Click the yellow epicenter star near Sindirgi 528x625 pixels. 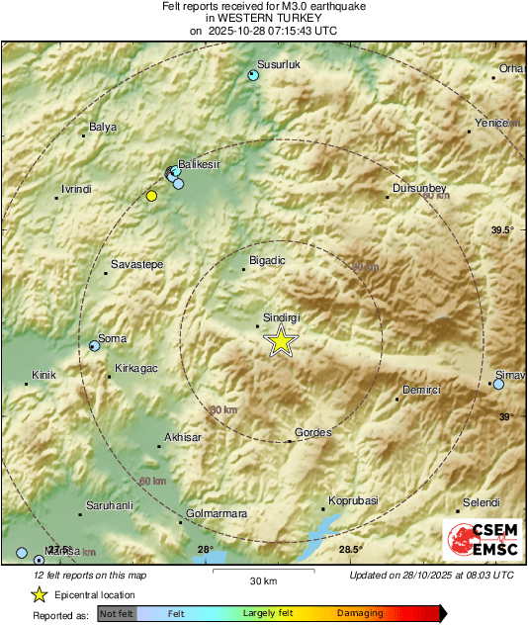coord(282,342)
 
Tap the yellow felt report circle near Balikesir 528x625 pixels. coord(151,196)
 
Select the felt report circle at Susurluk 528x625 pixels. coord(253,75)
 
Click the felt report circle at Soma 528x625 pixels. coord(95,346)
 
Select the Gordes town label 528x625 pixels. coord(313,432)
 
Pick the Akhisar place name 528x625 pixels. coord(182,436)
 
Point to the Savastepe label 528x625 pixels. coord(136,264)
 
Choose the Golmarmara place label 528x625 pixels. coord(217,513)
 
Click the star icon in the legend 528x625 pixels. coord(39,594)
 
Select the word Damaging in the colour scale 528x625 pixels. coord(360,613)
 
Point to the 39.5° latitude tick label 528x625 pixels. coord(502,230)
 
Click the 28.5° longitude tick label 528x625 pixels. coord(350,550)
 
